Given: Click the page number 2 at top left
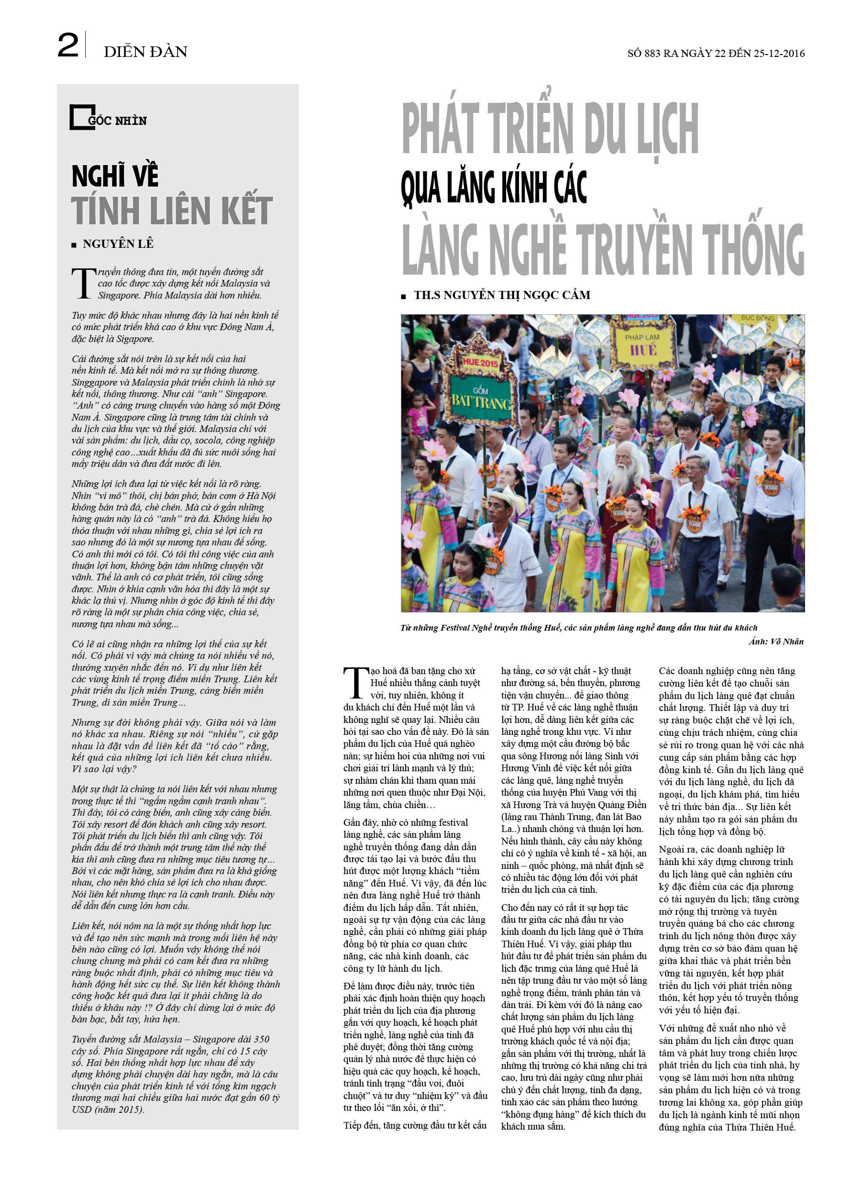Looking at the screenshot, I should click(67, 45).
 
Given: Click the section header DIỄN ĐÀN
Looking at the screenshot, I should click(145, 52).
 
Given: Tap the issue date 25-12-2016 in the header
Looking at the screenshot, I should click(779, 54).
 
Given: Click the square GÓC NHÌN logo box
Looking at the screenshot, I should click(82, 117).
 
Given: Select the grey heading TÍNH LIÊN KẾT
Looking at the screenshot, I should click(172, 211).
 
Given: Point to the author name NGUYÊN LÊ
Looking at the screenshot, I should click(118, 244).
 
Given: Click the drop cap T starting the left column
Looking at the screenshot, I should click(83, 283).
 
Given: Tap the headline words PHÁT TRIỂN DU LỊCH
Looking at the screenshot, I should click(550, 129).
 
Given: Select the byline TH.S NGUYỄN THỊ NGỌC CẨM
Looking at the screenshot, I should click(501, 295).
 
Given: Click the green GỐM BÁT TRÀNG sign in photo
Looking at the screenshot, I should click(480, 399).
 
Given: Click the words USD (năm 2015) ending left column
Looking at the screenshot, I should click(108, 1109).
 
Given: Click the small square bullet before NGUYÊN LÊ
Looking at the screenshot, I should click(74, 244).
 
